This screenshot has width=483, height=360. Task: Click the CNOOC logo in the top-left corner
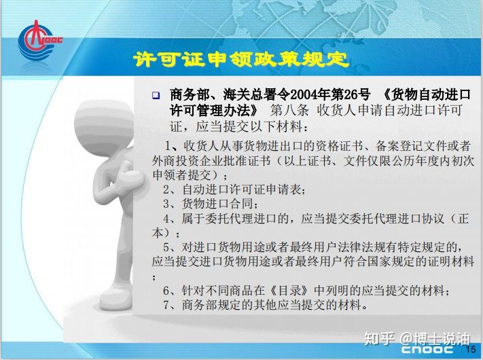[39, 41]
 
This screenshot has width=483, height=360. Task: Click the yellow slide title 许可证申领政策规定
[241, 59]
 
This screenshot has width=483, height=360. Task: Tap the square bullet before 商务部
[156, 95]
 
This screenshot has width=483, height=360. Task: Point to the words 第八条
[289, 110]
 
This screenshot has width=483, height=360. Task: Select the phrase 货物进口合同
[217, 204]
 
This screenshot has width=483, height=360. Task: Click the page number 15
[471, 349]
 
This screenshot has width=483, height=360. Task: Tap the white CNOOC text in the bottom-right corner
[427, 349]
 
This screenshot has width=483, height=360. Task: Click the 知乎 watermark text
[379, 338]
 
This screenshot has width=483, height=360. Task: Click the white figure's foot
[116, 298]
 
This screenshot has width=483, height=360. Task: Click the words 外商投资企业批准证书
[211, 160]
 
